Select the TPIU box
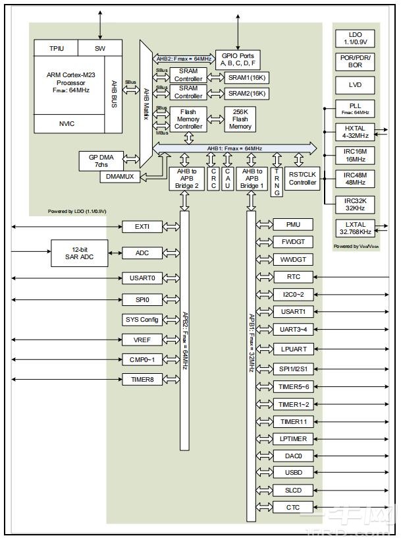click(56, 48)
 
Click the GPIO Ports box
click(238, 60)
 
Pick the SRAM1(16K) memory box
click(248, 76)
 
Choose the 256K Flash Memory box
click(240, 118)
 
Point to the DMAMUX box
click(120, 177)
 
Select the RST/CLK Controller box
click(303, 178)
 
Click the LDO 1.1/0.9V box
click(355, 39)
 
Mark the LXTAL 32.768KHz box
click(355, 228)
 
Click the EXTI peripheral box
click(142, 227)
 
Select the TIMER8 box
click(142, 379)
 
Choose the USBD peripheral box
click(293, 473)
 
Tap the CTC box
click(293, 507)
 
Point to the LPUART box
click(293, 349)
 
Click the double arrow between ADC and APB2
click(171, 253)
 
